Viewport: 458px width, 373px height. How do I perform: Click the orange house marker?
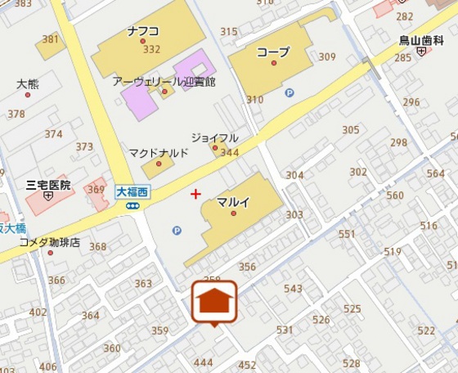point(214,302)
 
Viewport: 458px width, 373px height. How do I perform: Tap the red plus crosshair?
point(195,194)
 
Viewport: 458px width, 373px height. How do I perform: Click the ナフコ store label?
point(143,31)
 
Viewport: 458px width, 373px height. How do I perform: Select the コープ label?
point(272,52)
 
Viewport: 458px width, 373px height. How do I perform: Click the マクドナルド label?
point(159,153)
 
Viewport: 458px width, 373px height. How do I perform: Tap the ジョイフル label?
point(214,137)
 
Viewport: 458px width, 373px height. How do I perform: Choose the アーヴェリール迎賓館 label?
point(164,81)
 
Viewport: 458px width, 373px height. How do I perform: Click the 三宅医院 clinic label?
point(49,185)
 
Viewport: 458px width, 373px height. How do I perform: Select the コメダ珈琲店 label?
point(50,242)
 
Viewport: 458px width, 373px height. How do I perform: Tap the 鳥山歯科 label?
point(420,39)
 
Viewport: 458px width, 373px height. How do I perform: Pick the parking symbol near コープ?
point(289,92)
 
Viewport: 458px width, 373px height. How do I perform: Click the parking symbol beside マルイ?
point(177,231)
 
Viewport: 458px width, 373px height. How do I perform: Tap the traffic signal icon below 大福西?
point(132,206)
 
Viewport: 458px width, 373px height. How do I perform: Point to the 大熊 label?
point(27,83)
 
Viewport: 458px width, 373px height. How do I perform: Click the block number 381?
point(51,39)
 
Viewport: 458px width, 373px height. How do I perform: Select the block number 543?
point(293,289)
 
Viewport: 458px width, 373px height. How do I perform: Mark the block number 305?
point(351,130)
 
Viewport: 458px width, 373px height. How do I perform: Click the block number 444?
point(203,362)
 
